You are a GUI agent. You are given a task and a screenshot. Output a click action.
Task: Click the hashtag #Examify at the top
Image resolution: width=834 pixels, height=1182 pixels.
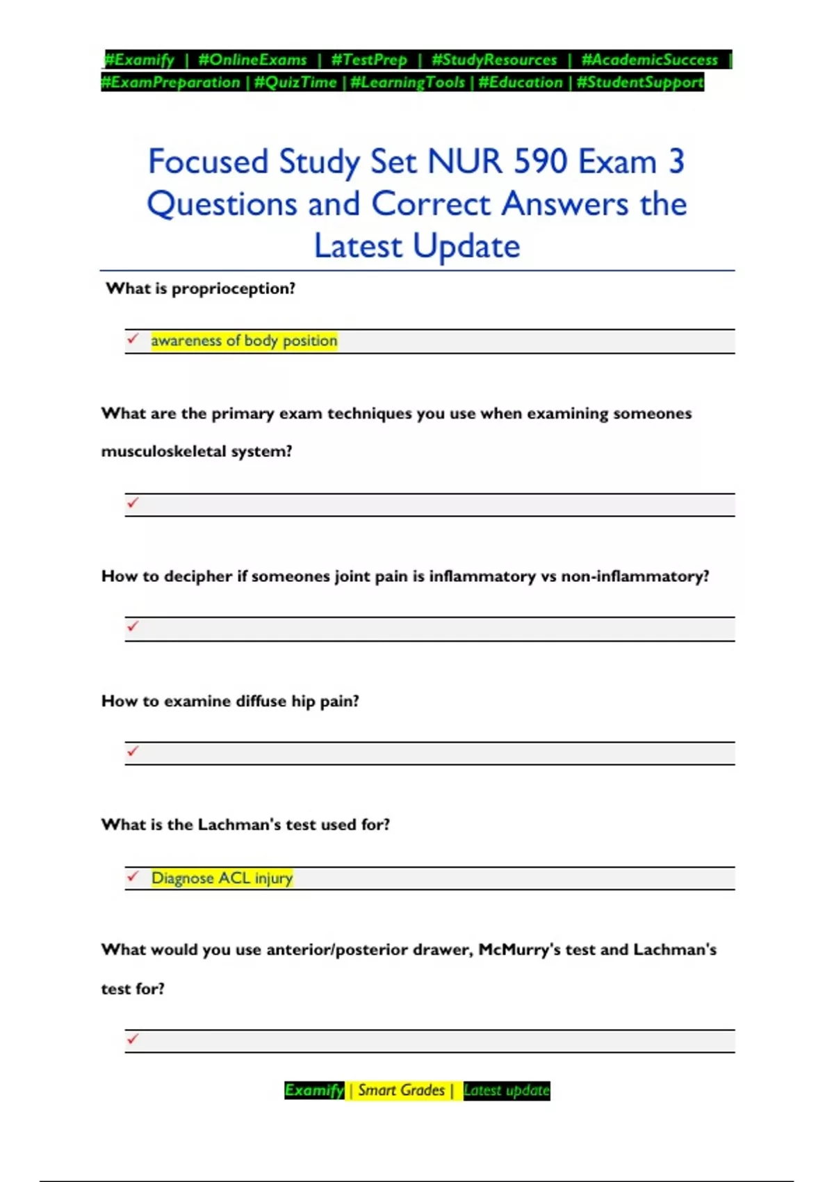click(x=139, y=60)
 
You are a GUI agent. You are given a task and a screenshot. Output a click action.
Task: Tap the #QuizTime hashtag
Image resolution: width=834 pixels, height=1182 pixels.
click(x=295, y=83)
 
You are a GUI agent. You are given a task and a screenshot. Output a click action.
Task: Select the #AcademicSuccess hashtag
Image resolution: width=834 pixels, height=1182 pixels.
click(x=649, y=60)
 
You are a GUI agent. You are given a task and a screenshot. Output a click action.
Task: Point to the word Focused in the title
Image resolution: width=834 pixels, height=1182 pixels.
click(x=208, y=162)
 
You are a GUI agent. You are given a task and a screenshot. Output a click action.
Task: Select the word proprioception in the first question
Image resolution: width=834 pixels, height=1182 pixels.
click(x=233, y=289)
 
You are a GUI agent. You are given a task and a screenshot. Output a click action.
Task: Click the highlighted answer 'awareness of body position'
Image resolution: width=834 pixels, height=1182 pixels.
click(x=244, y=341)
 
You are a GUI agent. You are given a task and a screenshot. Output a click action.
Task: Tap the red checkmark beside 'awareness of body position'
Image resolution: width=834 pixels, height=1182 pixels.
click(x=133, y=339)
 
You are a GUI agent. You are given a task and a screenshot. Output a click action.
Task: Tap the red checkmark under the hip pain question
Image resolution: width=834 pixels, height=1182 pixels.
click(x=133, y=751)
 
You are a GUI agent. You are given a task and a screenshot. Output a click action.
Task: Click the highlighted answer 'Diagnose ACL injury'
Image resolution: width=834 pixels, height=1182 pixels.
click(x=222, y=878)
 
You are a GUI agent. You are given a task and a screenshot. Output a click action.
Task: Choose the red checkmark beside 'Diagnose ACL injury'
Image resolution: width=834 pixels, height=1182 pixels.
click(x=133, y=876)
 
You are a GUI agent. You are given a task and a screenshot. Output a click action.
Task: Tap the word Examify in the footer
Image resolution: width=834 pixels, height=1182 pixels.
click(x=314, y=1090)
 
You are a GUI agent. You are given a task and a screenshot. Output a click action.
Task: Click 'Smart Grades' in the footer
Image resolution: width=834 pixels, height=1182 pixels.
click(x=401, y=1090)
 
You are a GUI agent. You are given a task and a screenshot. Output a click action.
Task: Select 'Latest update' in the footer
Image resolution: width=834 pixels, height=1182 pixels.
click(x=506, y=1090)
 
